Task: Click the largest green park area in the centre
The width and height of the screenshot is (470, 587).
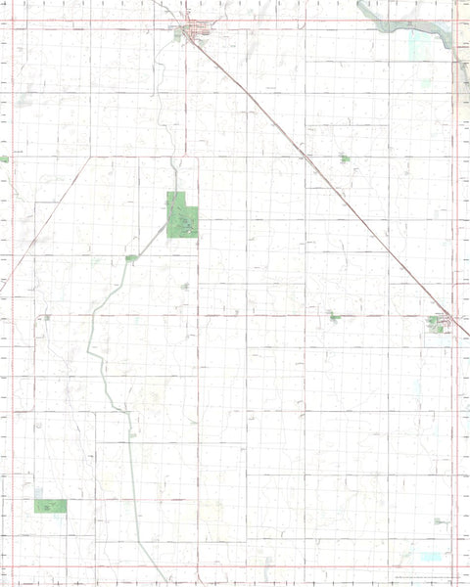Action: [x=181, y=216]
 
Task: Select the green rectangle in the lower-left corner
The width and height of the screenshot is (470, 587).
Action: [x=50, y=506]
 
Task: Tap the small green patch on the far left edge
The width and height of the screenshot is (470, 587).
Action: [x=4, y=158]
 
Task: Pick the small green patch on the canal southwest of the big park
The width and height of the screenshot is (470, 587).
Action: [x=131, y=258]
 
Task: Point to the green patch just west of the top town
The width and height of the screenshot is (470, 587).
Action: [x=178, y=35]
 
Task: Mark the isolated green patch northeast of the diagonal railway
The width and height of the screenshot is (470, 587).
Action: [x=344, y=158]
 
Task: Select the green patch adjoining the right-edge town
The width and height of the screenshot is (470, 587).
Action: [x=435, y=324]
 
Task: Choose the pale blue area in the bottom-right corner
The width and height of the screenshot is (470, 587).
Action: [x=430, y=557]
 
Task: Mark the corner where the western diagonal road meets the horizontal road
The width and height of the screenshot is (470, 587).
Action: [x=90, y=157]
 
